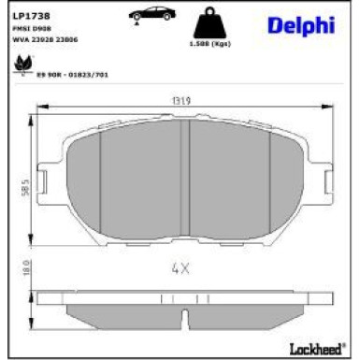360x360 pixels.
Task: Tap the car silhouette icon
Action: [x=151, y=17]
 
